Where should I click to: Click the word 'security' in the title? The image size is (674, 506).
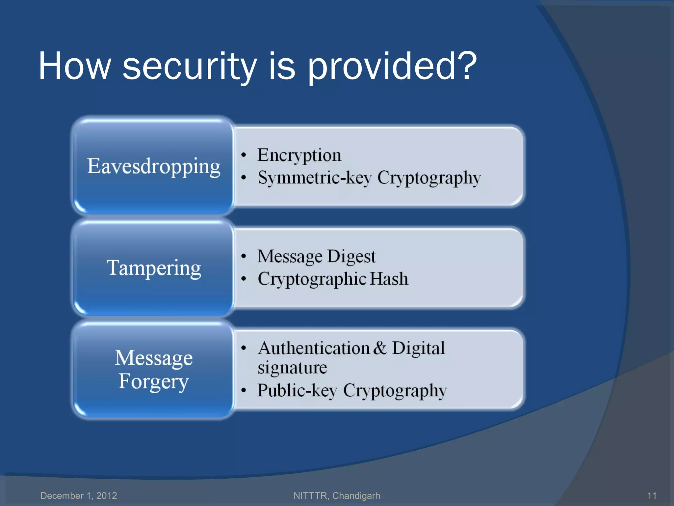point(190,67)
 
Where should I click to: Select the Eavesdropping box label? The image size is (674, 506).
point(154,166)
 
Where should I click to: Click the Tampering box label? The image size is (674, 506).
point(154,268)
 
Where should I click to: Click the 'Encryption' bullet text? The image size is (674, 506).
point(299,155)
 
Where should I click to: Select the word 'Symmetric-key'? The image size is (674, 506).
point(315,178)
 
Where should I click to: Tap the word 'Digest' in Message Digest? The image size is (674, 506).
point(351,257)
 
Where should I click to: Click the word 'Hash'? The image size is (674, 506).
point(389,279)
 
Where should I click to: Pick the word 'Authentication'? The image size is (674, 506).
point(314,348)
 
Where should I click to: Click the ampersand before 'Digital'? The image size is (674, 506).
point(380,348)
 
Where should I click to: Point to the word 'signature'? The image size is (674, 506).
point(292,368)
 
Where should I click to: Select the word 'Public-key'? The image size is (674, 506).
point(297,391)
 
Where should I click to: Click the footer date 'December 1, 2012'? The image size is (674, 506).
point(79,495)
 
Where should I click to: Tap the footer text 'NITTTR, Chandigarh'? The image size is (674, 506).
point(337,495)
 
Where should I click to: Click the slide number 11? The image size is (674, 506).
point(652,495)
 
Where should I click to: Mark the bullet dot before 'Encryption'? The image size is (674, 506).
point(244,155)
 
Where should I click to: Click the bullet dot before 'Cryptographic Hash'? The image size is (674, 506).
point(244,279)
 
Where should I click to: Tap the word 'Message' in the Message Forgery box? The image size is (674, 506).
point(154,358)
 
